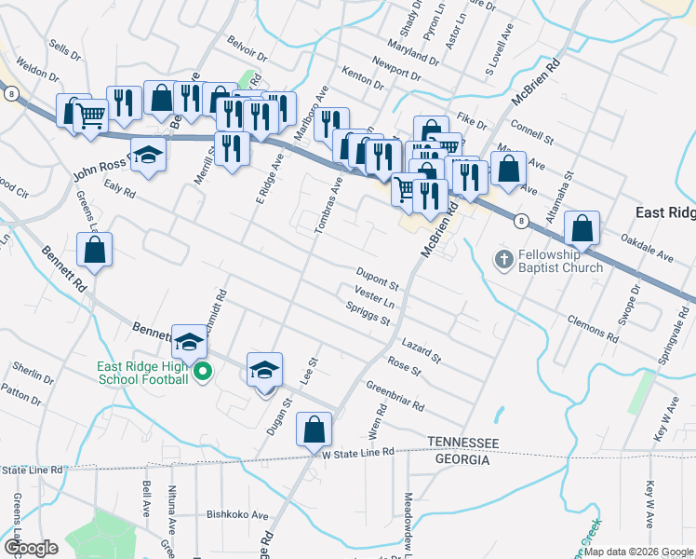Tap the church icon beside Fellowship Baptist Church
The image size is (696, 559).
[503, 258]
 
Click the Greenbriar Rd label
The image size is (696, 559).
[395, 396]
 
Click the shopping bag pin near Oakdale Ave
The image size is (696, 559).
[582, 228]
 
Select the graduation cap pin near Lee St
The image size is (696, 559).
[264, 371]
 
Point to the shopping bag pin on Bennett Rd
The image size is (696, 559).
[94, 250]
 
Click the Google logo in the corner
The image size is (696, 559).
[30, 547]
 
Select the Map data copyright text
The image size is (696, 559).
[638, 552]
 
